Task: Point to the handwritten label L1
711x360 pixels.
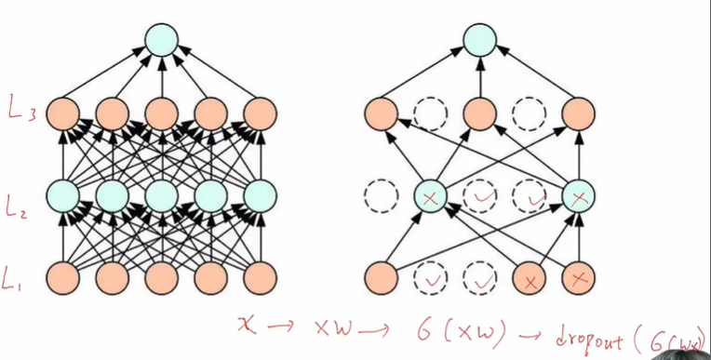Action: (20, 276)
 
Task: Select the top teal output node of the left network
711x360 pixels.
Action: (162, 37)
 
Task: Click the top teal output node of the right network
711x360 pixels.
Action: (480, 37)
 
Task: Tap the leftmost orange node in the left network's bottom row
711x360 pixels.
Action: (61, 277)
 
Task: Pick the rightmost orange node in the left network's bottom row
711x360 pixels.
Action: (262, 277)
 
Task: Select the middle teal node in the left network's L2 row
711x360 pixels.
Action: (162, 195)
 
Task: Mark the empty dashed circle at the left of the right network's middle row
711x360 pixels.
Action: (380, 195)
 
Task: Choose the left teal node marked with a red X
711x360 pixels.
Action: (431, 195)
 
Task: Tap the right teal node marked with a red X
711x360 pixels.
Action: (581, 195)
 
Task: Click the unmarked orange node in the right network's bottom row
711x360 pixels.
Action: (380, 277)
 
